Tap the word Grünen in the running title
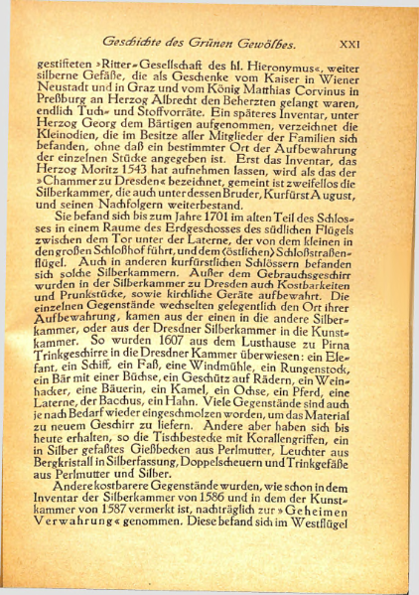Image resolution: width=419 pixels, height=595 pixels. pos(215,43)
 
